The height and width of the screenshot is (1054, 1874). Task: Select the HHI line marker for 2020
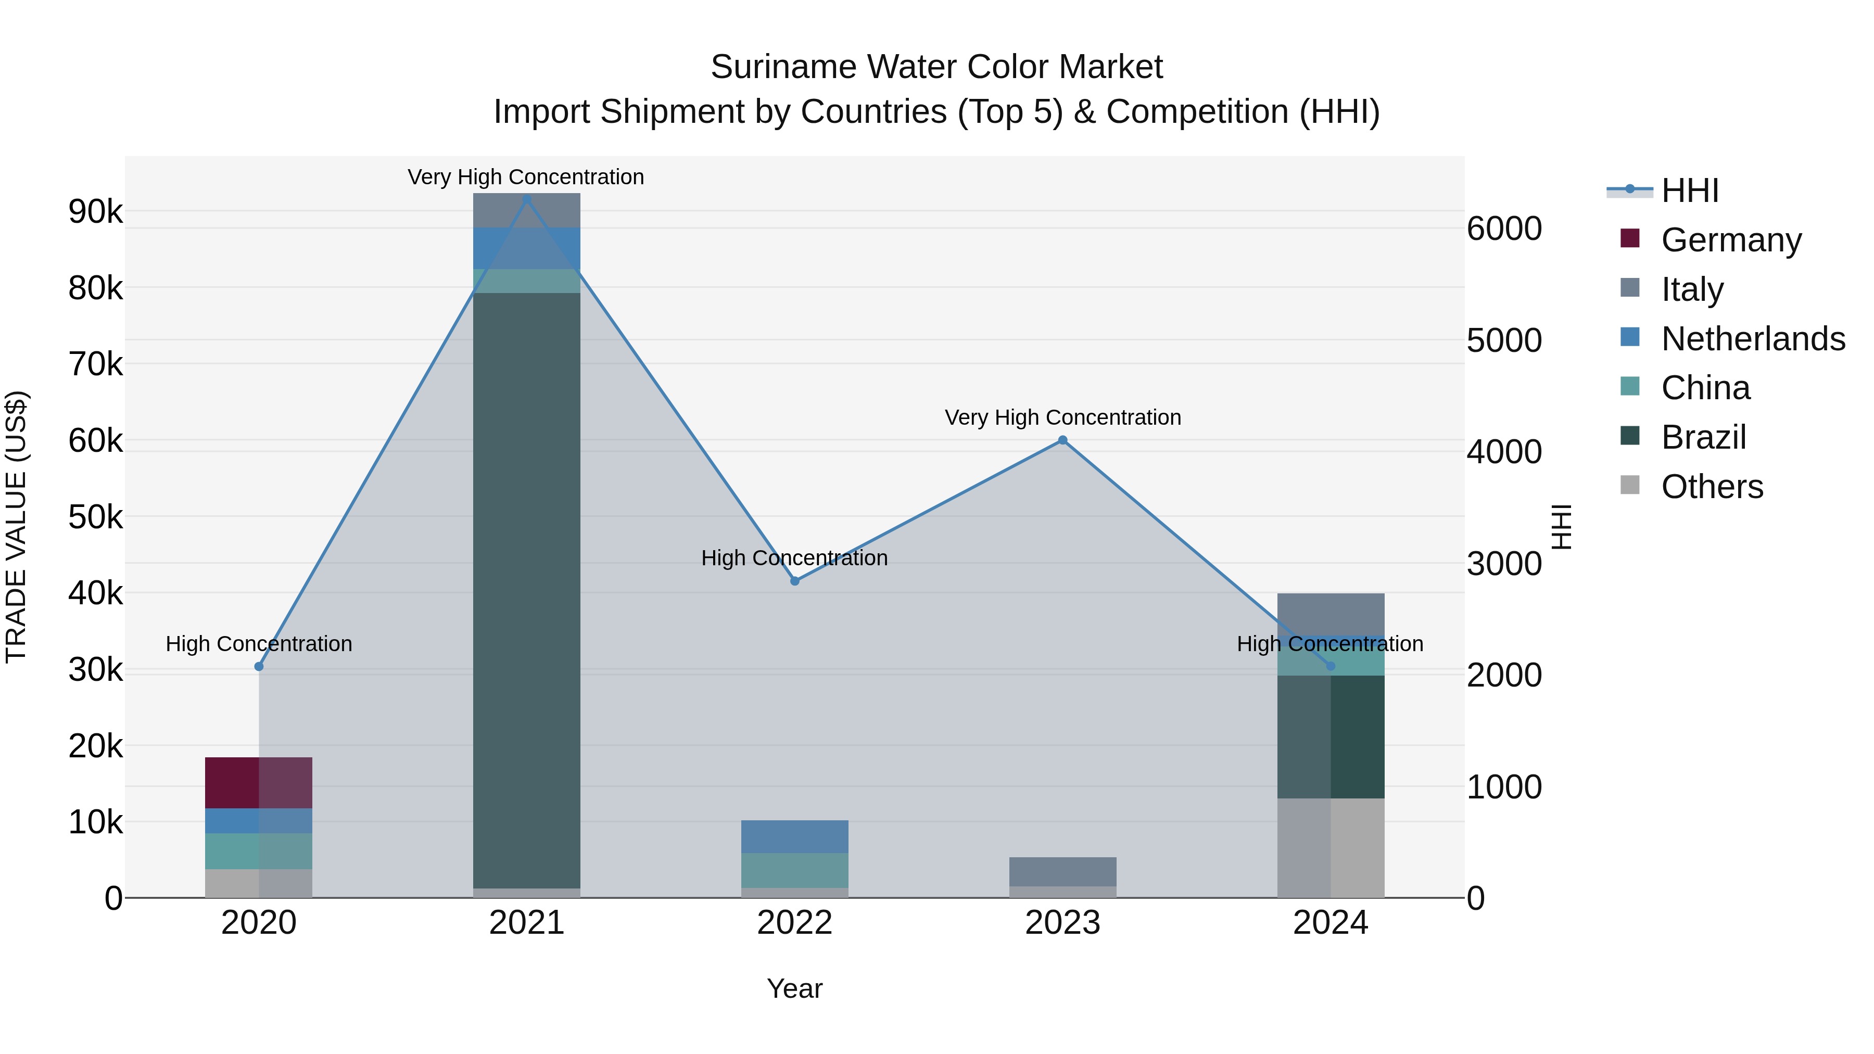259,666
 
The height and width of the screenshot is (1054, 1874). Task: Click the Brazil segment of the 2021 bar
527,589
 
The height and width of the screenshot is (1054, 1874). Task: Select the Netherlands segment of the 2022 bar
794,836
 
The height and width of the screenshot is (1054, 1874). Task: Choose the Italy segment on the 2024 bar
1331,614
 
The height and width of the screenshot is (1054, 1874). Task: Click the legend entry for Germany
1731,240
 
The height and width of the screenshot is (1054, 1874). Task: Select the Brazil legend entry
1703,437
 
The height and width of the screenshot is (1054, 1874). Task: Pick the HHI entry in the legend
1689,191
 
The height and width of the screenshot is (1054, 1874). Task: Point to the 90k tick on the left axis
95,212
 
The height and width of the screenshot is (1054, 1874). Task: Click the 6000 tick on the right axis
1504,228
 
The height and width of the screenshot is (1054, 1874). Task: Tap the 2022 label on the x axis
794,923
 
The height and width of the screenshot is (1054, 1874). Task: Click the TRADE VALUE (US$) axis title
16,527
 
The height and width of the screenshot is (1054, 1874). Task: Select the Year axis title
794,988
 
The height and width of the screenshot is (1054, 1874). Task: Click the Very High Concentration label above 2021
525,177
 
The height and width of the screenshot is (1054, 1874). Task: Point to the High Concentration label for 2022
794,558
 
